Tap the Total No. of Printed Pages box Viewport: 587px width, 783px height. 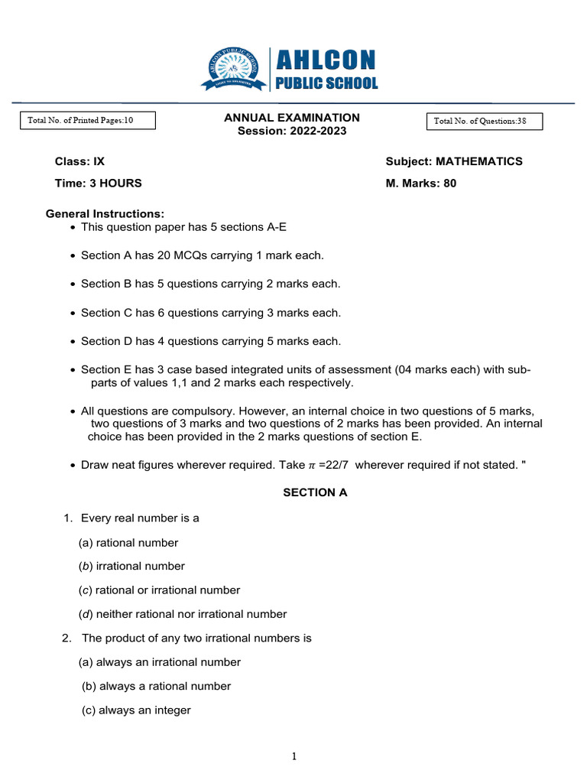pyautogui.click(x=87, y=120)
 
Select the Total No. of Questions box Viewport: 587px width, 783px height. pyautogui.click(x=485, y=122)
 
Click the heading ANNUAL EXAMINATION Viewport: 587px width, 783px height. pyautogui.click(x=291, y=118)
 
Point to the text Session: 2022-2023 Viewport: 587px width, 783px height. pyautogui.click(x=291, y=131)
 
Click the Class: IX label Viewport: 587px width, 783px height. pyautogui.click(x=79, y=161)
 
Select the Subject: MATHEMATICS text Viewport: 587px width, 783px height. pyautogui.click(x=454, y=161)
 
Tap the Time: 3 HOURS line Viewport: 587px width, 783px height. pyautogui.click(x=98, y=184)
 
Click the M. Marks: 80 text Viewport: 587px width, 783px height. pyautogui.click(x=421, y=184)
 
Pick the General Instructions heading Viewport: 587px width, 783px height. pyautogui.click(x=105, y=213)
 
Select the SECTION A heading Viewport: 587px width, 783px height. pyautogui.click(x=315, y=493)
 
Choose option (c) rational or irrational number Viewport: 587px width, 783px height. pyautogui.click(x=159, y=590)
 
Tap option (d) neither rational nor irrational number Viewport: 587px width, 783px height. pyautogui.click(x=183, y=614)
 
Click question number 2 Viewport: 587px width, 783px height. pyautogui.click(x=67, y=638)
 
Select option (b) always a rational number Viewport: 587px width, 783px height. pyautogui.click(x=156, y=686)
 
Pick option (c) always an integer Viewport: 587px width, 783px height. pyautogui.click(x=136, y=710)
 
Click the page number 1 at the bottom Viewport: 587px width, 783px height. pyautogui.click(x=293, y=757)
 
